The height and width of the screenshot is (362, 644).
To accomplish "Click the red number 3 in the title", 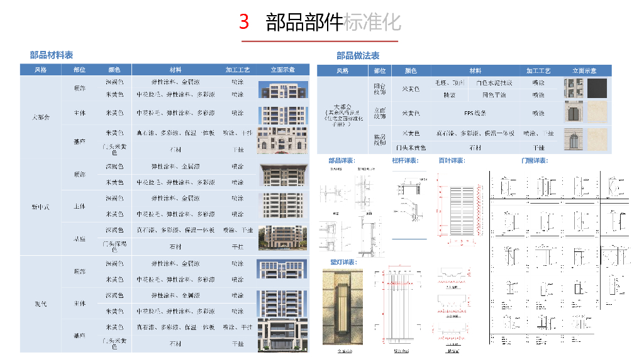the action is point(245,23).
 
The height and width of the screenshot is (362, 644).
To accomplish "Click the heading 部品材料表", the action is point(52,55).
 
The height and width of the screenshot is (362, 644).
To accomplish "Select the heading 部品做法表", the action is point(358,56).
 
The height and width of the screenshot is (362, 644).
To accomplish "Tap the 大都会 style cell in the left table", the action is point(41,117).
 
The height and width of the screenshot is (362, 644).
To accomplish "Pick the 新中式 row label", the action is point(41,207).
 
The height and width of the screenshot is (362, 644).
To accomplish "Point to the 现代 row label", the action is point(41,304).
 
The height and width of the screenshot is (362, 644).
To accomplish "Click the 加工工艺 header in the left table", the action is point(238,70).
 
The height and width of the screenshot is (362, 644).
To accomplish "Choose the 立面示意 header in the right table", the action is point(584,71).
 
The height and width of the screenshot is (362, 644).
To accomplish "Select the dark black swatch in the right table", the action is point(597,88).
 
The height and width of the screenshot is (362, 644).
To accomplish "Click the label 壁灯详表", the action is point(342,261).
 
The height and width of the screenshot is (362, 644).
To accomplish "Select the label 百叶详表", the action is point(452,161).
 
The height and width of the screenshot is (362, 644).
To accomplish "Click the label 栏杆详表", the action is point(405,161).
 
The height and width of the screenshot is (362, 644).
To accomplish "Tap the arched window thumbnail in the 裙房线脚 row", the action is point(574,138).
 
